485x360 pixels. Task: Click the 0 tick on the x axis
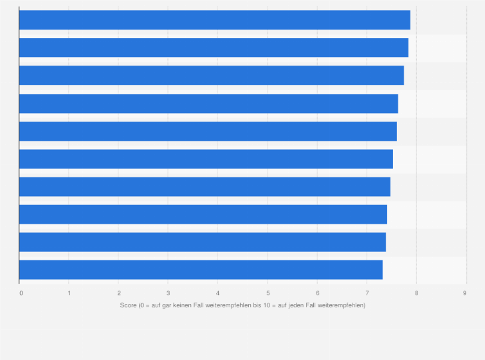point(21,292)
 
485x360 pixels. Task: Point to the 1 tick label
point(69,292)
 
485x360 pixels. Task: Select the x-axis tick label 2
point(118,292)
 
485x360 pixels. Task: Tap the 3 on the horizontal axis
point(168,292)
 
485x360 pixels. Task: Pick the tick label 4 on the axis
point(217,292)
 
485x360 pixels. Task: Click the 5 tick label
point(268,292)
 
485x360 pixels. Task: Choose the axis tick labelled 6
point(317,292)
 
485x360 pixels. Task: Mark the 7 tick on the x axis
point(367,292)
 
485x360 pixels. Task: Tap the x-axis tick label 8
point(416,292)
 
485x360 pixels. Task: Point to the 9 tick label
point(465,292)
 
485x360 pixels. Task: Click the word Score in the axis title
point(128,305)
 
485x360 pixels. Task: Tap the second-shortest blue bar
point(203,242)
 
